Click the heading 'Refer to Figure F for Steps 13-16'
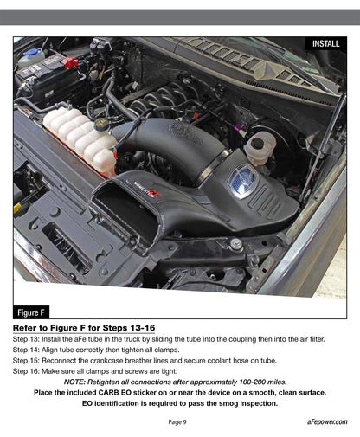pos(84,329)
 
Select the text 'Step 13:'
pos(27,340)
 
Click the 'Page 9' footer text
pos(177,421)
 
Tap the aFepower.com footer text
pos(326,421)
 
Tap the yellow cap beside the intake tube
pos(101,124)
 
